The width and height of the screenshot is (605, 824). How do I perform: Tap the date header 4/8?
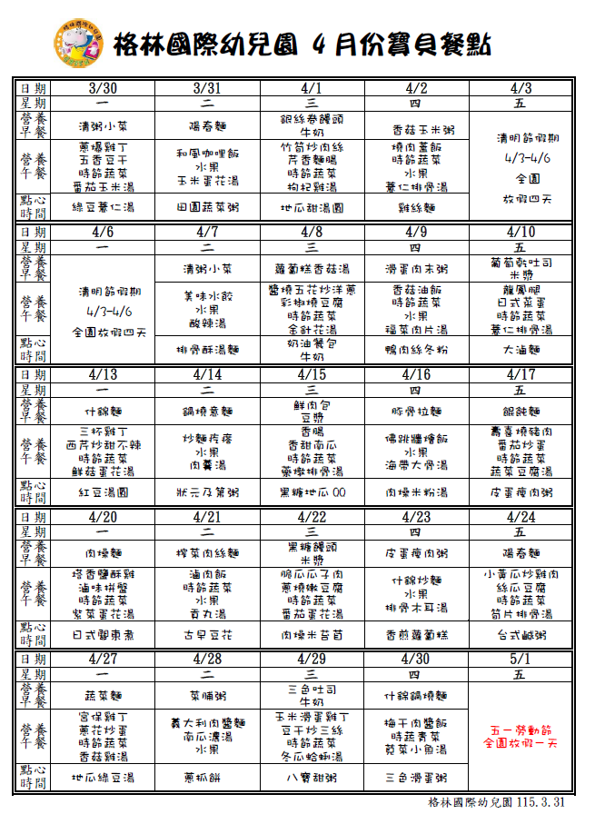[312, 232]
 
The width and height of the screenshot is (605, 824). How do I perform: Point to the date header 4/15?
[312, 374]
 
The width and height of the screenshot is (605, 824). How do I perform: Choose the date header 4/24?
[521, 516]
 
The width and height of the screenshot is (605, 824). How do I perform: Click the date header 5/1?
[521, 658]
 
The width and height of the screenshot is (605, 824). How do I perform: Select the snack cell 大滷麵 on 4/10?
[521, 349]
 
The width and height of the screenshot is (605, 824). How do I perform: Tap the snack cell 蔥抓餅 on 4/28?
[207, 778]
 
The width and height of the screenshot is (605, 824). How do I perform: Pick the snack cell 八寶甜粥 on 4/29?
[312, 778]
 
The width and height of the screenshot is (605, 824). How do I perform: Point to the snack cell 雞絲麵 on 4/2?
[416, 207]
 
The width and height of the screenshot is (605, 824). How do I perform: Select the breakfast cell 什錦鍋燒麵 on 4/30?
[416, 696]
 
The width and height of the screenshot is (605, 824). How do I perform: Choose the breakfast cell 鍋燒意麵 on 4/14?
[207, 412]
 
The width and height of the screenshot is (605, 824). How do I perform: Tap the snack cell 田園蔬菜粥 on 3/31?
[207, 207]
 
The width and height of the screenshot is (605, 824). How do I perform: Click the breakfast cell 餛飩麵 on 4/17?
[521, 412]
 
